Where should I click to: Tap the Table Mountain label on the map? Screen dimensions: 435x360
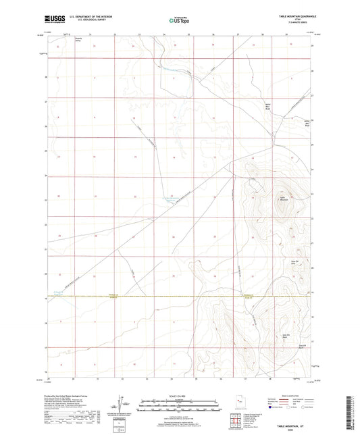pos(284,199)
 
